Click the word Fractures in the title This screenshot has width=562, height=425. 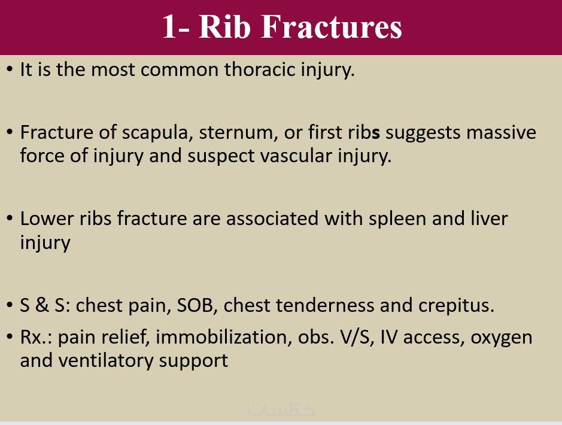pos(332,27)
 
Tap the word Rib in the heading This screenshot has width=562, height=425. pos(224,27)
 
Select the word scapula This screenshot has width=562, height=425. pos(155,133)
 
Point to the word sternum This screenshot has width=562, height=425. pos(238,132)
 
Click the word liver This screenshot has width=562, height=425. pos(489,218)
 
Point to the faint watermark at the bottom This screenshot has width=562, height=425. pos(281,409)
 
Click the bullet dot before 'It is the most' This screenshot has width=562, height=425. pos(10,69)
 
